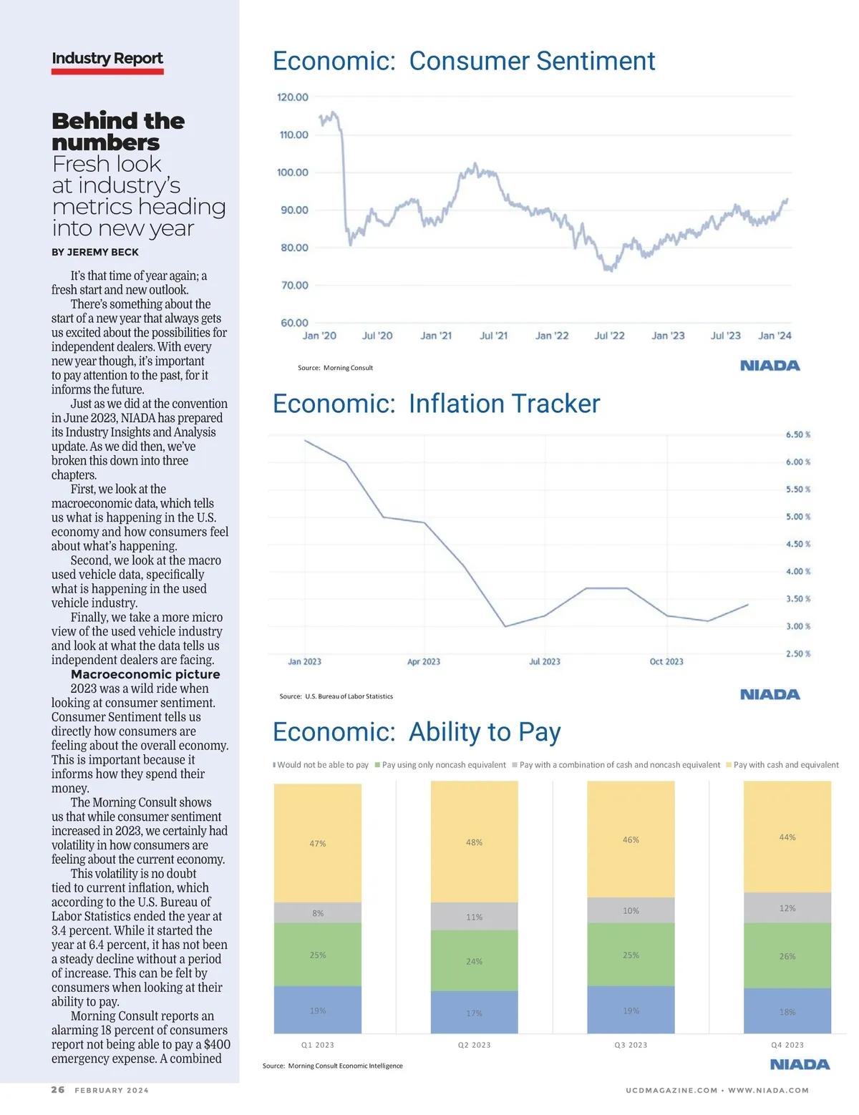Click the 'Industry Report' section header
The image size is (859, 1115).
[107, 59]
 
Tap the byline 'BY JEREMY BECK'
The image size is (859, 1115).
[95, 252]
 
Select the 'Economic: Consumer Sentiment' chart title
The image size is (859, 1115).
[463, 61]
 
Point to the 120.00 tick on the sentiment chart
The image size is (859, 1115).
[293, 97]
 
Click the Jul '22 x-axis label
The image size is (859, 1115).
[609, 336]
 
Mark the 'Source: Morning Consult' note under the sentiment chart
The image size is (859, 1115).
[335, 368]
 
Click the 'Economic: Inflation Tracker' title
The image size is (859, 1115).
[436, 404]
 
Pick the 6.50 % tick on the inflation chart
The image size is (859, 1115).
[797, 434]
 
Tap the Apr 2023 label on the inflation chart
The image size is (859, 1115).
[424, 662]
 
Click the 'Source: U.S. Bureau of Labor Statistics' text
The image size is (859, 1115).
[336, 696]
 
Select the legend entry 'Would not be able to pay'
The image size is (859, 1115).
[322, 765]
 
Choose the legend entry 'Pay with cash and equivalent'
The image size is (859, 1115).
[785, 765]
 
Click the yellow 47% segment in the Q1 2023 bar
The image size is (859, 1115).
[318, 843]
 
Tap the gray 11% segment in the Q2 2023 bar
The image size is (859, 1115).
[474, 917]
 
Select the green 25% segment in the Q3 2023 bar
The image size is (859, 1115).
[631, 955]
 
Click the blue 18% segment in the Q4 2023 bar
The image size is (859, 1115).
[787, 1011]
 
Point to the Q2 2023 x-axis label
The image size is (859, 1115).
[474, 1045]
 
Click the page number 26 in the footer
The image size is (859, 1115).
[58, 1090]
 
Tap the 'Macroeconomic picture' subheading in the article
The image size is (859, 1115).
[145, 674]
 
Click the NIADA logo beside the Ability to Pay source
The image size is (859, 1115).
[800, 1065]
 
